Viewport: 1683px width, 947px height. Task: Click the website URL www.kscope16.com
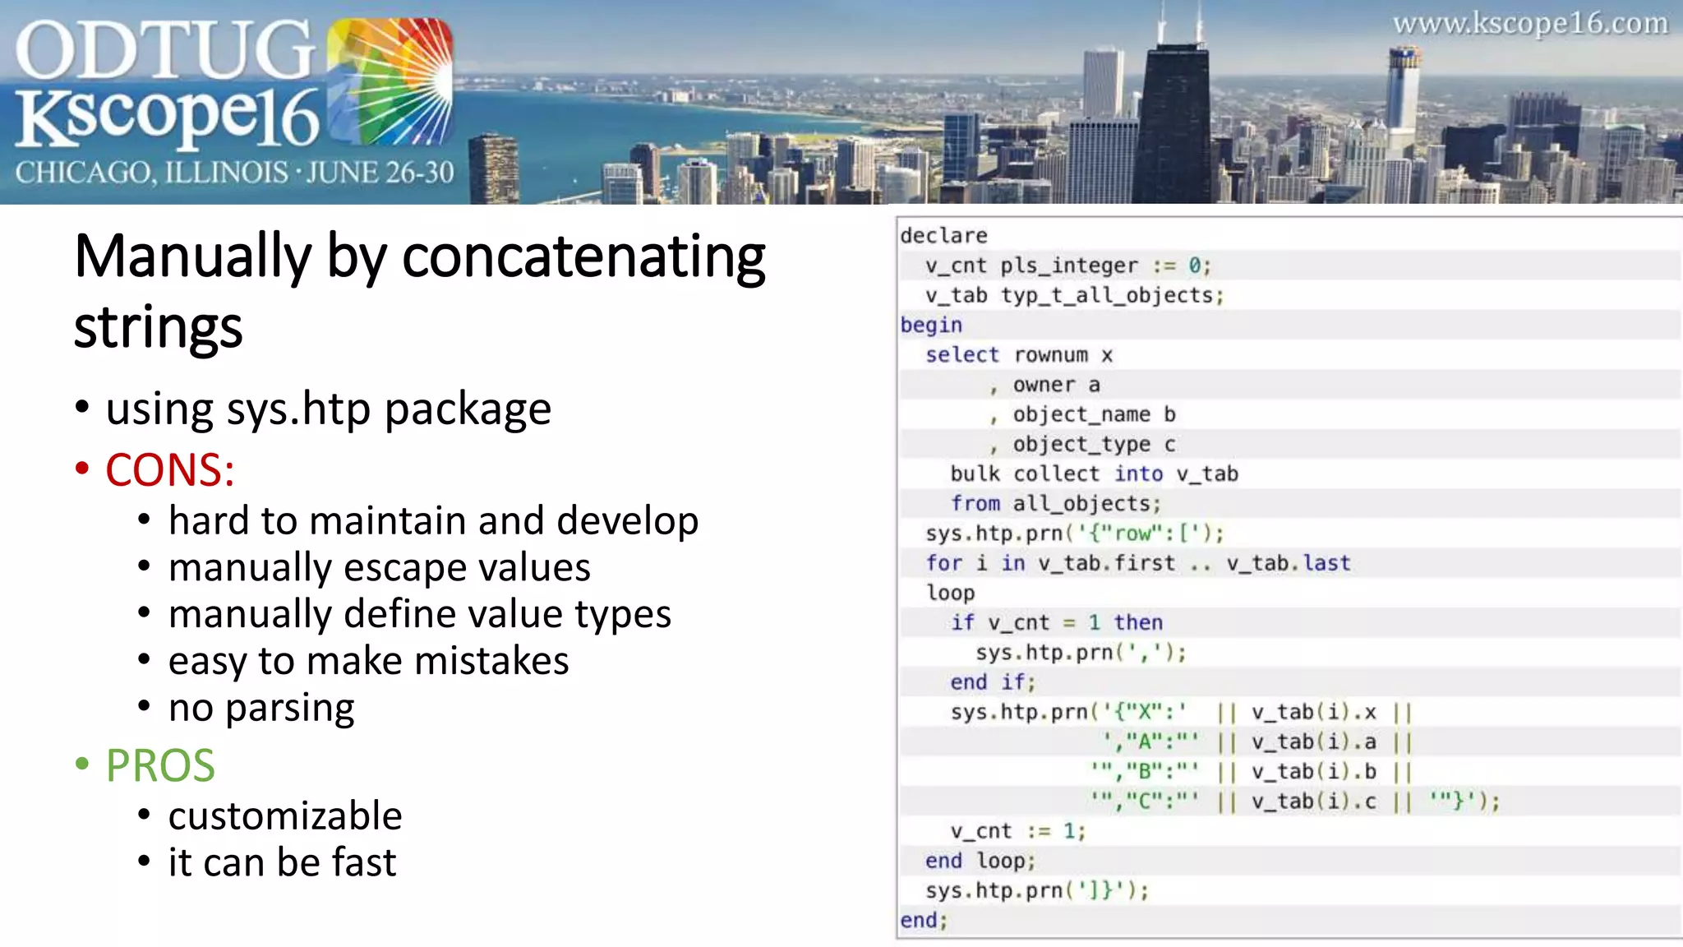tap(1529, 24)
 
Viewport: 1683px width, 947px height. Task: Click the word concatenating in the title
tap(583, 257)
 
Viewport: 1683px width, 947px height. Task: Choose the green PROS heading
tap(160, 765)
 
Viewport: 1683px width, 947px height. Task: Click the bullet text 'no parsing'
tap(261, 708)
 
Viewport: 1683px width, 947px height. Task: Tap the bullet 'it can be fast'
tap(282, 862)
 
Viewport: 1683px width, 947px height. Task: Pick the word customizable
tap(285, 815)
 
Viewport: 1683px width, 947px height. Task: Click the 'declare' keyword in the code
tap(943, 236)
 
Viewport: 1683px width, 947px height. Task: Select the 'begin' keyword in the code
tap(931, 326)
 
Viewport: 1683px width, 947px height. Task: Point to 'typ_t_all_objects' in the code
tap(1111, 295)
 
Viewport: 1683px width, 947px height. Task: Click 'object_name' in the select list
tap(1081, 414)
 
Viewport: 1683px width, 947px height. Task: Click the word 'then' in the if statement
tap(1138, 622)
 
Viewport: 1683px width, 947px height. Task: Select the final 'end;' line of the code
tap(924, 921)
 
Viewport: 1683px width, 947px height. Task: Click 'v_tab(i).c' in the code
tap(1313, 801)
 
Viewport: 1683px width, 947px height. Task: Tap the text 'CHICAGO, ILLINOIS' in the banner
tap(151, 173)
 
